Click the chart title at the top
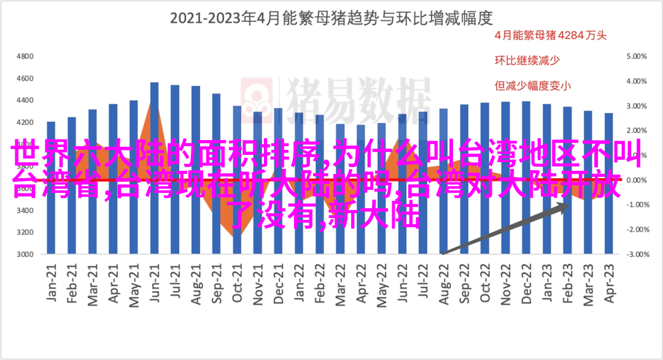pos(331,18)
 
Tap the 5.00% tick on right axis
pos(638,56)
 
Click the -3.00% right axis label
pos(637,254)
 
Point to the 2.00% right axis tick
pos(638,130)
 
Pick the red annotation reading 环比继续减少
pos(525,60)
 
